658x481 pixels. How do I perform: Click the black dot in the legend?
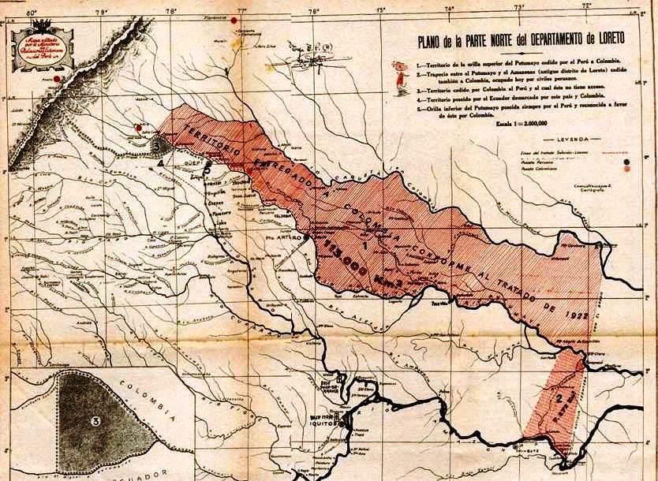628,168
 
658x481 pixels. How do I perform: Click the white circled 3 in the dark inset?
95,420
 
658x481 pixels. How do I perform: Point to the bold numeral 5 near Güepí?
207,167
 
